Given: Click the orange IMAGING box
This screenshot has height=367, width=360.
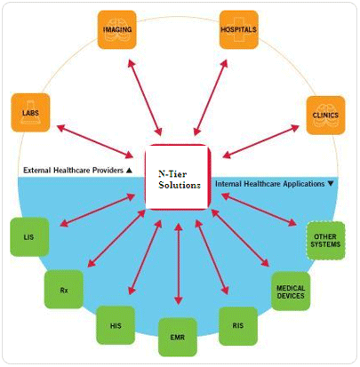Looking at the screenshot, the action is [x=117, y=29].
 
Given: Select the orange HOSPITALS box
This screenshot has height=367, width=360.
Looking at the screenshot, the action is [x=239, y=29].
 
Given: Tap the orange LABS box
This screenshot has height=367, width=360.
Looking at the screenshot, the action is [x=30, y=113].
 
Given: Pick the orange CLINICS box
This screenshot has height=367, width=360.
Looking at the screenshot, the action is [x=325, y=115].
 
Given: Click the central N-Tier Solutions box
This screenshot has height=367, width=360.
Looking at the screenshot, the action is [x=178, y=177].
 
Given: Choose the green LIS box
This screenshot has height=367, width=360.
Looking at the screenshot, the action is [x=29, y=237].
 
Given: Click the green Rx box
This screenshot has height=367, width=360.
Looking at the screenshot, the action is [x=64, y=290].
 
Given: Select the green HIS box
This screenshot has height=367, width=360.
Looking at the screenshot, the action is [x=116, y=325].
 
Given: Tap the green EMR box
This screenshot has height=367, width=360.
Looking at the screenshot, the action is [x=178, y=337].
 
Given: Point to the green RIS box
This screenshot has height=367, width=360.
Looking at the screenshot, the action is [x=238, y=326].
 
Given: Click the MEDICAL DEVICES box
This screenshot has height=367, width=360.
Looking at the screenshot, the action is [x=291, y=291].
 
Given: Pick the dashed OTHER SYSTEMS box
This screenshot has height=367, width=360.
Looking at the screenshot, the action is [x=325, y=241].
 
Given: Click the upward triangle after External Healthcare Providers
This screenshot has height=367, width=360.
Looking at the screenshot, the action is [x=129, y=171].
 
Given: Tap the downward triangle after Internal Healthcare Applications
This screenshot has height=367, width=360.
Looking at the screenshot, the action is [x=331, y=184].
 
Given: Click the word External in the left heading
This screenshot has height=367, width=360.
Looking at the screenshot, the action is [x=36, y=171].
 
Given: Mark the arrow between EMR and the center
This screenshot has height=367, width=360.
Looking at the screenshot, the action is [x=178, y=264].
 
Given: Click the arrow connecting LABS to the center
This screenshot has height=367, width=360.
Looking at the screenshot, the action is [x=95, y=141].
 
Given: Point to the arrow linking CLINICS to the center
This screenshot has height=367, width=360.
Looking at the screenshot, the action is [x=260, y=141].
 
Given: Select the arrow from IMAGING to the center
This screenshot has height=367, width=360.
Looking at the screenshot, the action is [x=145, y=98].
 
